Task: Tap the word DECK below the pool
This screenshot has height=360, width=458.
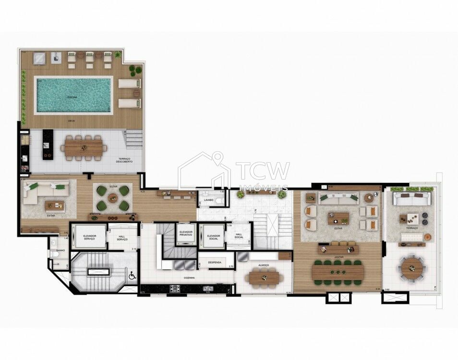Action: pos(71,121)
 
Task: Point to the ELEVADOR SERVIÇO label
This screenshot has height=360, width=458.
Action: pos(90,237)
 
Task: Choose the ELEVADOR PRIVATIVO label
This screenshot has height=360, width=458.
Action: pos(186,234)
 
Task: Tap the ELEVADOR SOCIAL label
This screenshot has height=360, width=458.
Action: pos(213,237)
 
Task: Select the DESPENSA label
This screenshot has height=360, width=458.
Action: pos(214,263)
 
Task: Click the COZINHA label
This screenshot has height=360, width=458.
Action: pos(188,277)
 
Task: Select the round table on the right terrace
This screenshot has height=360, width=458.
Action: pos(412,268)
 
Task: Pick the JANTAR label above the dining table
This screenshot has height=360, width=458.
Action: pos(338,257)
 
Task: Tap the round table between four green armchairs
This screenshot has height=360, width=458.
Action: pos(113,198)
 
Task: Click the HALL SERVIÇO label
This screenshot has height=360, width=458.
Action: pos(122,238)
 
